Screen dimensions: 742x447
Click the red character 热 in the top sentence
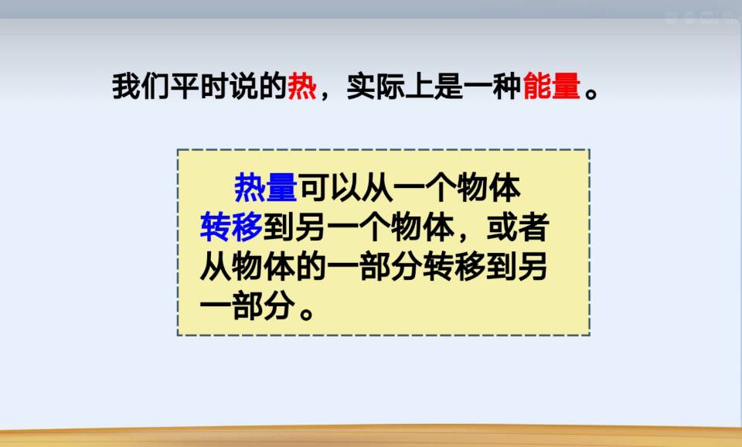point(302,86)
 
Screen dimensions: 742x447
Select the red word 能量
point(552,86)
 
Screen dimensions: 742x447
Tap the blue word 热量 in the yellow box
point(265,187)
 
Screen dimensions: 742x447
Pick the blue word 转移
point(231,227)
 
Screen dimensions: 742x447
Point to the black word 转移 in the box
point(454,267)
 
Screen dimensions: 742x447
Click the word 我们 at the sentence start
point(141,86)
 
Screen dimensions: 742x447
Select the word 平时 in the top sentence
point(199,86)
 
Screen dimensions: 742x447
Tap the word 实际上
point(390,86)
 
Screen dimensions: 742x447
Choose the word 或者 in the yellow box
point(518,227)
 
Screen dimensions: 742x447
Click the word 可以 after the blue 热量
point(330,187)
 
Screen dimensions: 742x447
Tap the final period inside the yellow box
point(307,313)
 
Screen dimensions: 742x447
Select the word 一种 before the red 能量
point(492,86)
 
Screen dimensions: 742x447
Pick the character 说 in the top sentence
point(243,86)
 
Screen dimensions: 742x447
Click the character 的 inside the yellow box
point(311,267)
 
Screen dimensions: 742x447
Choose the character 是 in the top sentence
point(449,86)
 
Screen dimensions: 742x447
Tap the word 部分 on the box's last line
point(262,305)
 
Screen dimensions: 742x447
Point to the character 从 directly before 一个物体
point(377,187)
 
